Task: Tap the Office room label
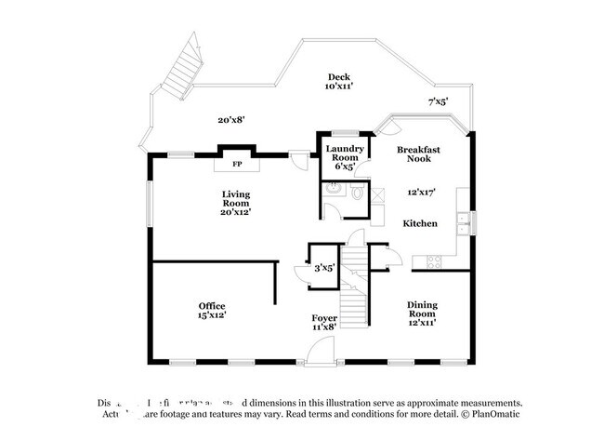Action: (212, 306)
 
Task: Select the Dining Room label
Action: (422, 309)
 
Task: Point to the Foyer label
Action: (324, 318)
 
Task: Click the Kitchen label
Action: (420, 224)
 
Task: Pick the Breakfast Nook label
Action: (418, 154)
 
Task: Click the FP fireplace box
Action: (237, 164)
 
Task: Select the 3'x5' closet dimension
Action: (324, 268)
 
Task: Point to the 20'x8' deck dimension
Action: (231, 119)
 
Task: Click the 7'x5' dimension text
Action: (438, 100)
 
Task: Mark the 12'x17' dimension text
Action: (421, 193)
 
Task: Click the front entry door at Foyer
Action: (320, 352)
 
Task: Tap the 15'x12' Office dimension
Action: (212, 315)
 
